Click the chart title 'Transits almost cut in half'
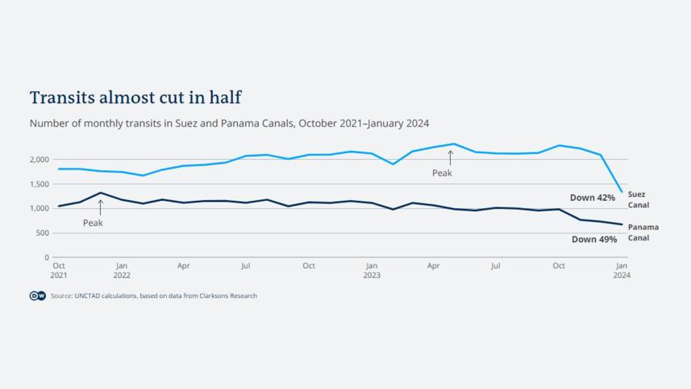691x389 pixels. (x=135, y=98)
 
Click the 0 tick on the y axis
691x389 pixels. (x=47, y=257)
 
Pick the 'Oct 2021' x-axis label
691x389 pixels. (x=59, y=270)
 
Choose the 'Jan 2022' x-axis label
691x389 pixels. (x=122, y=270)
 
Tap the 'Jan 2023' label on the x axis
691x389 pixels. (x=372, y=270)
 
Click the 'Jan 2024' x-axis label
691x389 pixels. (x=622, y=270)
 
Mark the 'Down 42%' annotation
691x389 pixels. (x=592, y=198)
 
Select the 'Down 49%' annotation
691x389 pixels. (x=594, y=240)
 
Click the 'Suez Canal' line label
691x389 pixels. (x=638, y=199)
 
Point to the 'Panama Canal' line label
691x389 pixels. (x=643, y=232)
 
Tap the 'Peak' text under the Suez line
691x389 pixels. (x=442, y=174)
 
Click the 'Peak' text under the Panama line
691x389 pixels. (x=93, y=224)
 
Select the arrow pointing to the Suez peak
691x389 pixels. (x=450, y=157)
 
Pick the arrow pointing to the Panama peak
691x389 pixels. (x=101, y=207)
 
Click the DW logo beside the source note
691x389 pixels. (x=38, y=296)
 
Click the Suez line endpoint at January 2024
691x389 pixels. (x=622, y=192)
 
